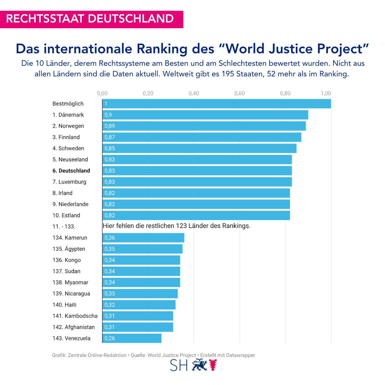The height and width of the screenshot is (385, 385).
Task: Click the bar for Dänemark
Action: click(205, 115)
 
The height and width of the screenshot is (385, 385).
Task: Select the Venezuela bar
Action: click(132, 338)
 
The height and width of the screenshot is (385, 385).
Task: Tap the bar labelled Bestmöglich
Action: click(217, 104)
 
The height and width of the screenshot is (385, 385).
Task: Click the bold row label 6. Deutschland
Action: click(71, 171)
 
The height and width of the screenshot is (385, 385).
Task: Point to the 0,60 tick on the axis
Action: click(239, 93)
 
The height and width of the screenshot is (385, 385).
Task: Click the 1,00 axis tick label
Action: click(326, 93)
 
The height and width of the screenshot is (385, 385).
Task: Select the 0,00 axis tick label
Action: click(102, 93)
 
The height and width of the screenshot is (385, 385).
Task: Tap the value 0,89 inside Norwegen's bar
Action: click(110, 126)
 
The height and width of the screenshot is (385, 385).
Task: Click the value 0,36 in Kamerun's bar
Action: click(110, 238)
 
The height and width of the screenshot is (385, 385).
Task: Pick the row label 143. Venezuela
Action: click(72, 338)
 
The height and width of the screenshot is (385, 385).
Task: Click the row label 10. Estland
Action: click(66, 215)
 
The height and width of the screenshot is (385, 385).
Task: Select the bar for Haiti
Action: click(139, 305)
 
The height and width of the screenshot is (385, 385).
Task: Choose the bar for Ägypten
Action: click(142, 249)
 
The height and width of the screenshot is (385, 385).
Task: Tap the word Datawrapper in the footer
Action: click(241, 355)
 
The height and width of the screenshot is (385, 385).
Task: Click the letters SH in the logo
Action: click(179, 365)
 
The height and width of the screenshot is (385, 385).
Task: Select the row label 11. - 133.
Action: click(64, 227)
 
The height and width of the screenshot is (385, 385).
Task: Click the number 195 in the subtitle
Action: click(228, 74)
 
